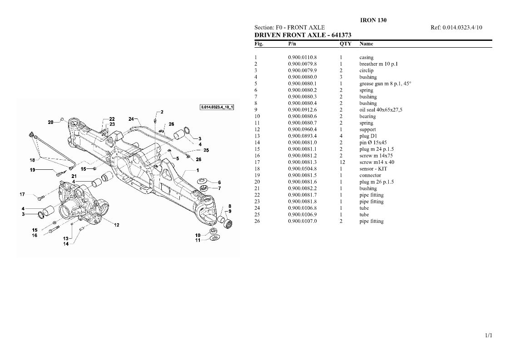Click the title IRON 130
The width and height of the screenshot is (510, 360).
point(373,20)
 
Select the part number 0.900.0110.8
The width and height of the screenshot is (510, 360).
point(302,58)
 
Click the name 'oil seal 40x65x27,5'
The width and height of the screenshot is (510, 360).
point(381,110)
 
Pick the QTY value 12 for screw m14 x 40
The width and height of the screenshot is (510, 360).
point(342,162)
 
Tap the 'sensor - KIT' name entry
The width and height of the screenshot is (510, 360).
point(373,169)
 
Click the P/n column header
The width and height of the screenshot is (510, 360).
point(292,44)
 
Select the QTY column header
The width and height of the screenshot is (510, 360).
point(346,44)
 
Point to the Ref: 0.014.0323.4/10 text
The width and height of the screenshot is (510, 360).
point(456,28)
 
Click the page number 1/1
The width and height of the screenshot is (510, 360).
point(489,335)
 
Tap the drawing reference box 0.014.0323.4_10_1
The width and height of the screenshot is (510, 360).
point(217,107)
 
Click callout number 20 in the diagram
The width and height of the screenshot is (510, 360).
point(50,122)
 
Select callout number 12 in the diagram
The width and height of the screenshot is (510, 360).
point(116,225)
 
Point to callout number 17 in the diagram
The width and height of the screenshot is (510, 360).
point(22,194)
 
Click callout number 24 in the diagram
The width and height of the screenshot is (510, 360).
point(131,119)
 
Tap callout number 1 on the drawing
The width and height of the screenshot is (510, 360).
point(198,170)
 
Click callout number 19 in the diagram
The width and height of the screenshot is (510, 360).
point(33,170)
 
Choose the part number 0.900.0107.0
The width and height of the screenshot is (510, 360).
point(302,221)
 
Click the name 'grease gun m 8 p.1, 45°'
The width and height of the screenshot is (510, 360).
point(385,84)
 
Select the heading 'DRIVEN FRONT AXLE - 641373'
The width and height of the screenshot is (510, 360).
point(303,35)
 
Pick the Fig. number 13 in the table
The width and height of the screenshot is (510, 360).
point(257,136)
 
